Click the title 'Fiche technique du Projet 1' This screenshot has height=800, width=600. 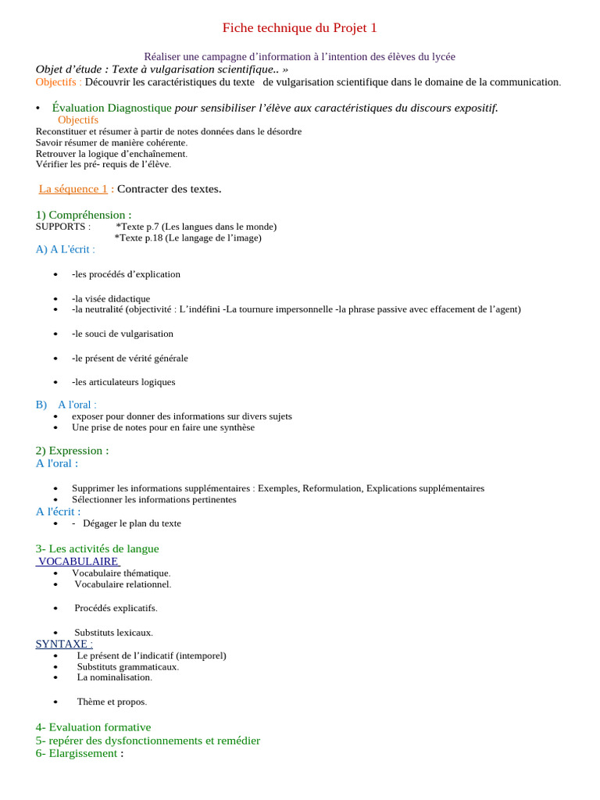tap(299, 28)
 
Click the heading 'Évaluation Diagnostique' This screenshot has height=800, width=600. tap(112, 108)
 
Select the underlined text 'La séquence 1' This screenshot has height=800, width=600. tap(73, 189)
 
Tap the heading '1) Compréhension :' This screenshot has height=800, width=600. tap(84, 215)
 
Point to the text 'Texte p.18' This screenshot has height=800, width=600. tap(141, 237)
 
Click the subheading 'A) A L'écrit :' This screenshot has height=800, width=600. tap(66, 249)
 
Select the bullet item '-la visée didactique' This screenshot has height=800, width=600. tap(111, 298)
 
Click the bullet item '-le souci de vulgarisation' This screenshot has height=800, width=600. tap(123, 334)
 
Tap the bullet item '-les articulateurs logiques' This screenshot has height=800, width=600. tap(123, 382)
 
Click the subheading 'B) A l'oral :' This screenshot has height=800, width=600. tap(66, 405)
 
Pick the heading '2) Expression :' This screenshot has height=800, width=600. tap(72, 451)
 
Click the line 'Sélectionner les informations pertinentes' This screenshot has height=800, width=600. tap(154, 499)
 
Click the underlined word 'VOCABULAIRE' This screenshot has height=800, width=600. tap(78, 562)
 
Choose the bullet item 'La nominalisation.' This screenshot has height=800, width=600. tap(114, 677)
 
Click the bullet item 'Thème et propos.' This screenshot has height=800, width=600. tap(112, 702)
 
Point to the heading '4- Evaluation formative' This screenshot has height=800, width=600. tap(93, 727)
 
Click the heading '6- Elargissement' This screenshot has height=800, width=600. tap(77, 754)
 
